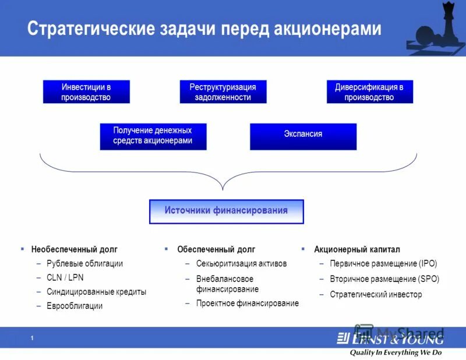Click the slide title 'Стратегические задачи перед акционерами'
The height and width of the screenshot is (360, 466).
pyautogui.click(x=204, y=29)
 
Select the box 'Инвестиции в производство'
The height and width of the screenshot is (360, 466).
pyautogui.click(x=86, y=92)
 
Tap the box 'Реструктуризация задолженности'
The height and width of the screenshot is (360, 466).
pyautogui.click(x=223, y=92)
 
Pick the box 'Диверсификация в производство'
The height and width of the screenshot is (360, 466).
pyautogui.click(x=369, y=92)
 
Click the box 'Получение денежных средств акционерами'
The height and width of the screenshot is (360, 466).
pyautogui.click(x=153, y=136)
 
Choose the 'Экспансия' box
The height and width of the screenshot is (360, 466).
pyautogui.click(x=303, y=135)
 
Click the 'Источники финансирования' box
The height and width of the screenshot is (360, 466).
pyautogui.click(x=226, y=211)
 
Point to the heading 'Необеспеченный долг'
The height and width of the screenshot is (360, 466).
pyautogui.click(x=74, y=249)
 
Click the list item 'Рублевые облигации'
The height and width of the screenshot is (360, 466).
pyautogui.click(x=84, y=263)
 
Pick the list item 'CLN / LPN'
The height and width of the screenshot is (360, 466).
pyautogui.click(x=65, y=277)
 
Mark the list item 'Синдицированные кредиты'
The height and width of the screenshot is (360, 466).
pyautogui.click(x=96, y=292)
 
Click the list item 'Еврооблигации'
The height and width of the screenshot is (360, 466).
pyautogui.click(x=75, y=306)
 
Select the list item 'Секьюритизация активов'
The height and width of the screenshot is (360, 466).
pyautogui.click(x=241, y=263)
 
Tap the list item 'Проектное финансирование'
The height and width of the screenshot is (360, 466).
pyautogui.click(x=247, y=303)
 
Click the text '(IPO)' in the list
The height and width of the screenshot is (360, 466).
pyautogui.click(x=428, y=263)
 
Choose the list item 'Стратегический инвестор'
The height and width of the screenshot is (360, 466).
pyautogui.click(x=376, y=295)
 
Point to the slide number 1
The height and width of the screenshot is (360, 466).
pyautogui.click(x=32, y=338)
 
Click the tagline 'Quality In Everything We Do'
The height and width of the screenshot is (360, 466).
pyautogui.click(x=396, y=352)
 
